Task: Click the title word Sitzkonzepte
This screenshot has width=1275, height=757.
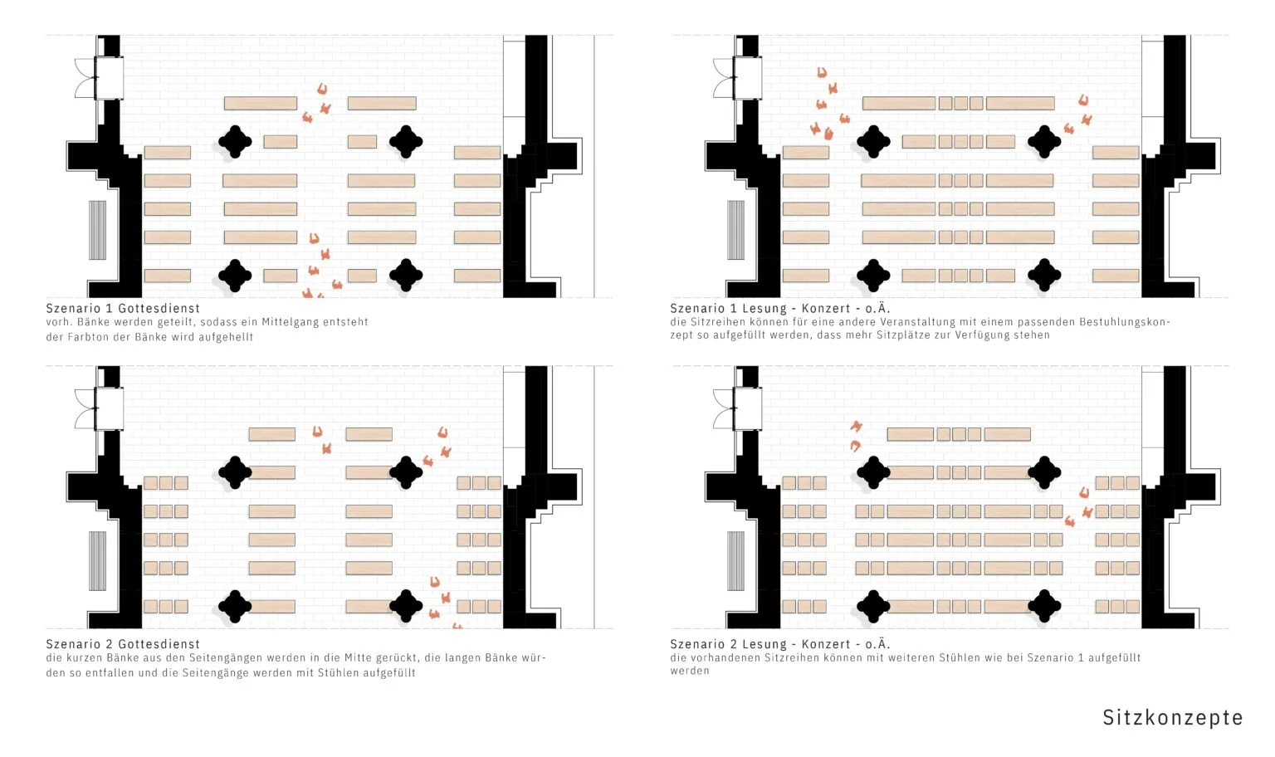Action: pyautogui.click(x=1173, y=718)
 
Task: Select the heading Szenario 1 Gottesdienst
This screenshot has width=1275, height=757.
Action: pyautogui.click(x=123, y=308)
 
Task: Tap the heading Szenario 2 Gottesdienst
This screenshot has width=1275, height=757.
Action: pyautogui.click(x=123, y=644)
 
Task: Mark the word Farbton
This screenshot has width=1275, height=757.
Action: pyautogui.click(x=86, y=337)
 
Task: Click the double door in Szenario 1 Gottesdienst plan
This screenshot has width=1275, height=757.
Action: pyautogui.click(x=85, y=77)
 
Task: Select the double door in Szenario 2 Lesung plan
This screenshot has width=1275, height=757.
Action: pyautogui.click(x=724, y=408)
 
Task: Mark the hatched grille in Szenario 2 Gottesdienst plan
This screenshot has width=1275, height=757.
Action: pyautogui.click(x=97, y=560)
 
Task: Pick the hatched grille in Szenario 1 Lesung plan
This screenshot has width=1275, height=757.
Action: pyautogui.click(x=736, y=230)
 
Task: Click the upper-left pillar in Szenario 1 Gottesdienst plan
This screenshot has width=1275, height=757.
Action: pyautogui.click(x=235, y=141)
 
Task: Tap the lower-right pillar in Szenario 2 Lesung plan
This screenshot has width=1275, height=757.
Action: pyautogui.click(x=1044, y=606)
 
